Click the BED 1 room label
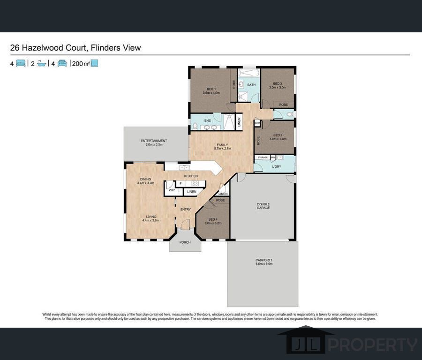coord(211,89)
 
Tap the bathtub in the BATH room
coord(249,74)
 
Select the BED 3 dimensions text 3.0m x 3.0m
coord(277,88)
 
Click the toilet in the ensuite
coord(195,126)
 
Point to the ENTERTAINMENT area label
coord(154,141)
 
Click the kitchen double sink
coord(184,167)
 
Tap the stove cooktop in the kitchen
coord(195,183)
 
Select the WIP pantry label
coord(171,190)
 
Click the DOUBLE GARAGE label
coord(263,206)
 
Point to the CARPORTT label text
coord(264,260)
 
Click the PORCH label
coord(185,242)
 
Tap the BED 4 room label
coord(213,219)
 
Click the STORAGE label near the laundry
coord(263,157)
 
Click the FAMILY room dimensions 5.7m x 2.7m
coord(222,148)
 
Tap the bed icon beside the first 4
coord(21,63)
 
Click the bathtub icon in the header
coord(41,63)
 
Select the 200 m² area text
coord(80,64)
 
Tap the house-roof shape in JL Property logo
coord(305,330)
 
